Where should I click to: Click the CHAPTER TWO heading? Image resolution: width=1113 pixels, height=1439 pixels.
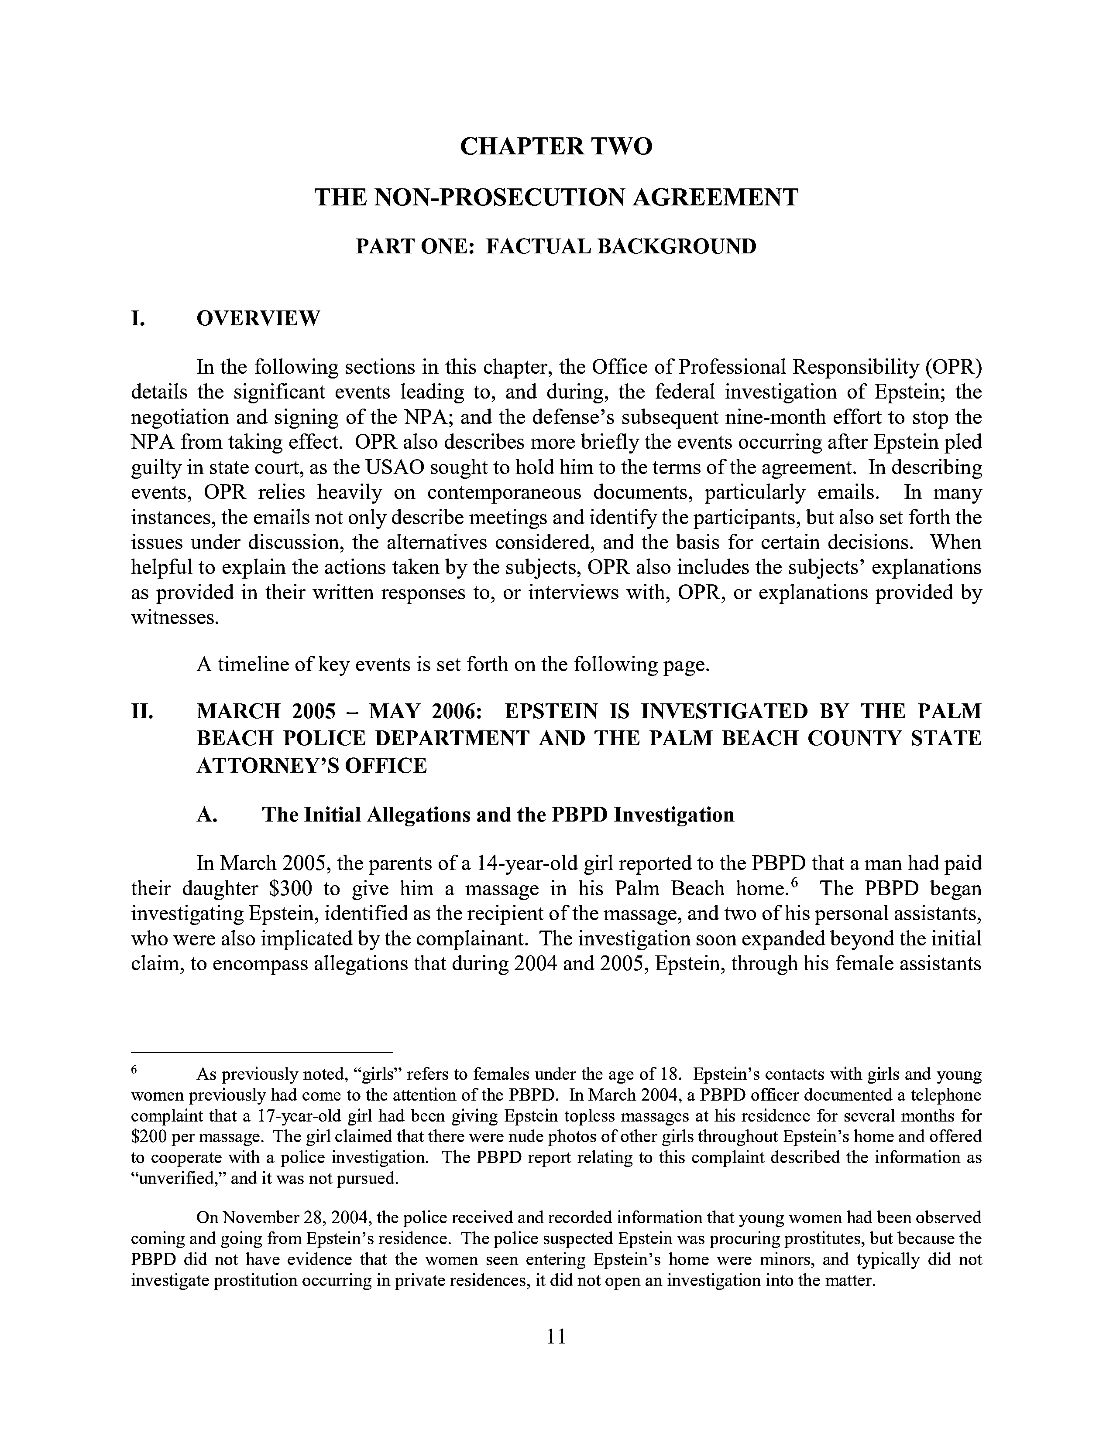pos(556,146)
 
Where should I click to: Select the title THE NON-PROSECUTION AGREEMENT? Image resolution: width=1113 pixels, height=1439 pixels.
pos(556,197)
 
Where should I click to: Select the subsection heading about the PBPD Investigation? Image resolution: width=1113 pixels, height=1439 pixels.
pos(498,815)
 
